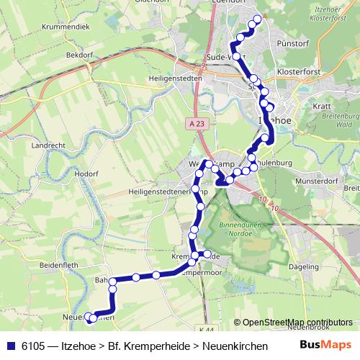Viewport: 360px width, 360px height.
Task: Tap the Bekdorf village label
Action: (x=80, y=55)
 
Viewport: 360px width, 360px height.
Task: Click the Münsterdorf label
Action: (x=317, y=181)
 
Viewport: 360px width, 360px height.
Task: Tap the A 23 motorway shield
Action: (x=190, y=123)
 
